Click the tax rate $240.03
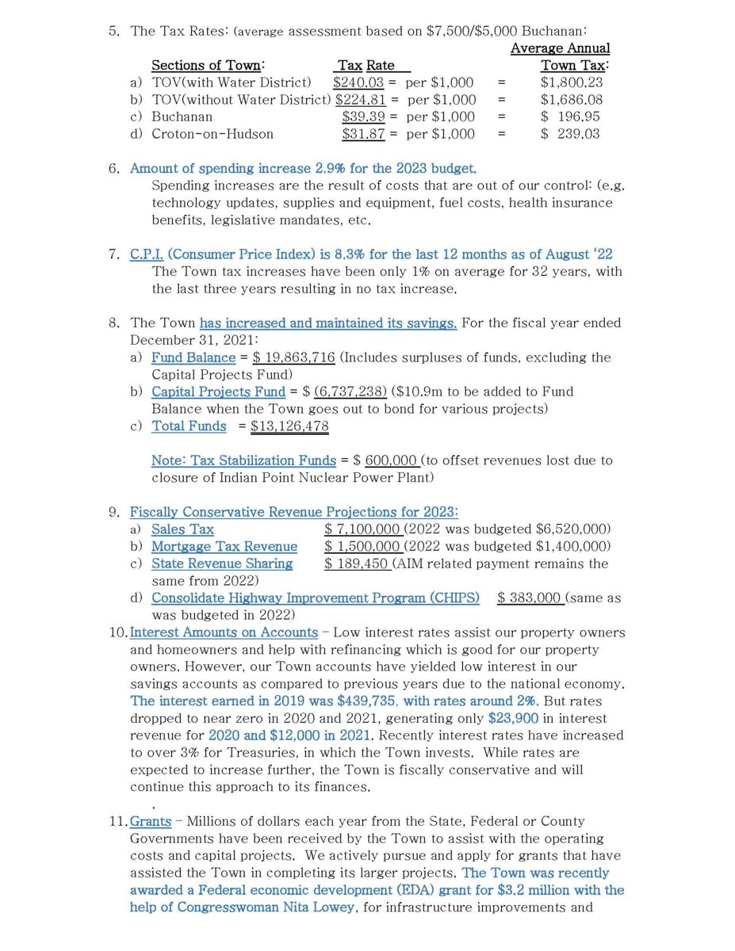pos(358,82)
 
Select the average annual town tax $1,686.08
pos(571,100)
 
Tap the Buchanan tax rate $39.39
pos(363,116)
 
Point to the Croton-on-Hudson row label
pos(212,134)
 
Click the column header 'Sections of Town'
pos(208,66)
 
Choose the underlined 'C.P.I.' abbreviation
pos(147,254)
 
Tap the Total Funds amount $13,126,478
pos(289,426)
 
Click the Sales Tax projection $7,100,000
pos(362,529)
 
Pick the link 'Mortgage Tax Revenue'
pos(224,547)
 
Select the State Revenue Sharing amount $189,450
pos(356,563)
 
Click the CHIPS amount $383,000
pos(530,598)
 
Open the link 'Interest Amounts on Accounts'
pos(224,632)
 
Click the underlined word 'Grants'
pos(151,822)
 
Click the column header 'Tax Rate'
pos(366,66)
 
